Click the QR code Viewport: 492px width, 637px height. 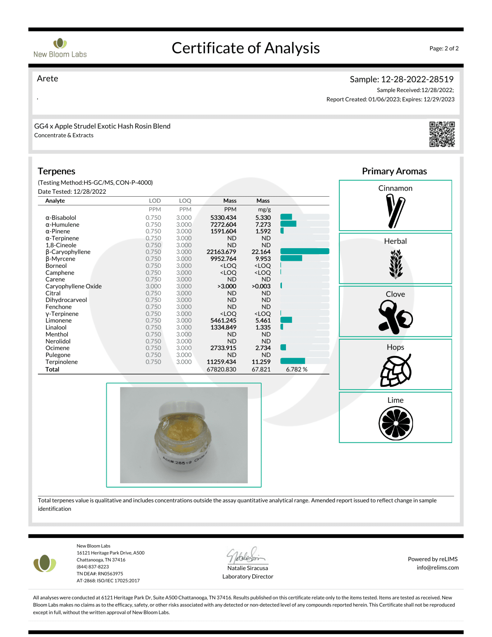coord(442,134)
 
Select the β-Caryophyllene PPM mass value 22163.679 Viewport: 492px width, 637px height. coord(221,252)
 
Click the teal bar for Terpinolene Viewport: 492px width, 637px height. coord(292,361)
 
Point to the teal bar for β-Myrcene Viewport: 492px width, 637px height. coord(291,258)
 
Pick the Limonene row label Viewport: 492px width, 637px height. coord(58,320)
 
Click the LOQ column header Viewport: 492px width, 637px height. coord(185,201)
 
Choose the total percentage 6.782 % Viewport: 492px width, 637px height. coord(297,369)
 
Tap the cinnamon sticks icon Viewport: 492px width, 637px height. coord(395,211)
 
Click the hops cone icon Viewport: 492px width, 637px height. coord(395,370)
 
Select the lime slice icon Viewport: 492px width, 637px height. coord(395,423)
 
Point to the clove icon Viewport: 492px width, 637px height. coord(395,317)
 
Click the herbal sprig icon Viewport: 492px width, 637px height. coord(395,264)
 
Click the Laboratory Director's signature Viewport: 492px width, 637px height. coord(246,555)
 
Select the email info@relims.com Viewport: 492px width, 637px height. coord(437,567)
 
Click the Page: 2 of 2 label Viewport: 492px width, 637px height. coord(444,48)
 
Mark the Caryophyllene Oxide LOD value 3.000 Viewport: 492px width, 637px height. coord(153,286)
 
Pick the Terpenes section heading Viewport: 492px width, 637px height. coord(57,171)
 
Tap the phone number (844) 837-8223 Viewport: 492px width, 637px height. coord(93,566)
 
